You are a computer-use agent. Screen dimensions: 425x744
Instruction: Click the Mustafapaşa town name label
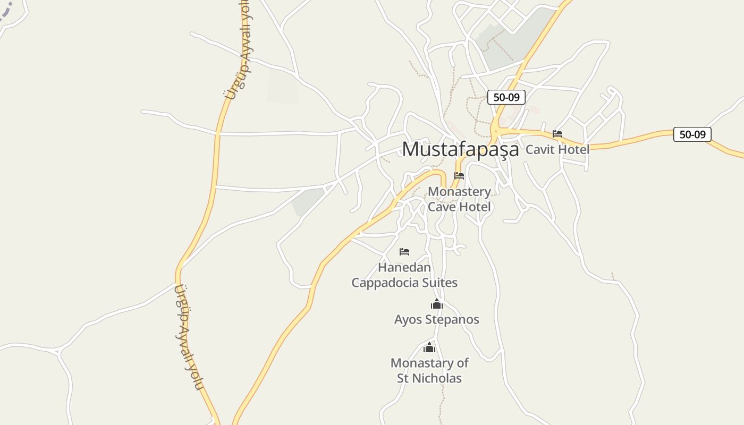(x=460, y=149)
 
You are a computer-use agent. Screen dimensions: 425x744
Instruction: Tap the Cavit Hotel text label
(x=557, y=150)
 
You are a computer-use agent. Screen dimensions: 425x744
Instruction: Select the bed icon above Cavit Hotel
(x=557, y=134)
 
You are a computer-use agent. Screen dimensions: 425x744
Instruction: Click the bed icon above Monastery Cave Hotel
(x=459, y=176)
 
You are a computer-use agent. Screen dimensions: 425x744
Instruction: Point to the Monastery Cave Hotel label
(x=459, y=199)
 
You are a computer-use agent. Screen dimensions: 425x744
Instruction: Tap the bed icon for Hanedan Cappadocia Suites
(x=404, y=252)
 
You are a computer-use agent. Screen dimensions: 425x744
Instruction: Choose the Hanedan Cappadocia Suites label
(x=404, y=275)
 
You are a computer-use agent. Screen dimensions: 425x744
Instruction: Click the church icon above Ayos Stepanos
(x=437, y=304)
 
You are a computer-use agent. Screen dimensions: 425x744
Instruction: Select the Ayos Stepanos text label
(x=437, y=320)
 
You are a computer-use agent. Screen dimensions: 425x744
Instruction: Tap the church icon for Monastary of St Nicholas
(x=429, y=348)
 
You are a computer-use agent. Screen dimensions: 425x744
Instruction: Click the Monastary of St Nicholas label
(x=429, y=371)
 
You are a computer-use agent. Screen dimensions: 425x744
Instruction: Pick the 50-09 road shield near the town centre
(x=506, y=97)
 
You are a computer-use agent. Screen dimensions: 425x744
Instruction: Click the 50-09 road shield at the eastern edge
(x=692, y=134)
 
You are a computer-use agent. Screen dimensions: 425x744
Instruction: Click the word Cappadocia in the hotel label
(x=384, y=283)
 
